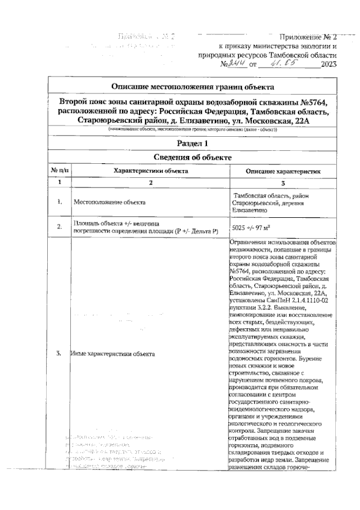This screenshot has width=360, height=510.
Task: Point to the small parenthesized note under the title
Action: pos(193,130)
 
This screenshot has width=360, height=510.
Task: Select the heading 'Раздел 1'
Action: pos(193,144)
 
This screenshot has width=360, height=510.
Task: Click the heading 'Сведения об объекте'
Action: pos(193,158)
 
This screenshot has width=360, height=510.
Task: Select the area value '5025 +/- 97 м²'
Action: pos(253,228)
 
